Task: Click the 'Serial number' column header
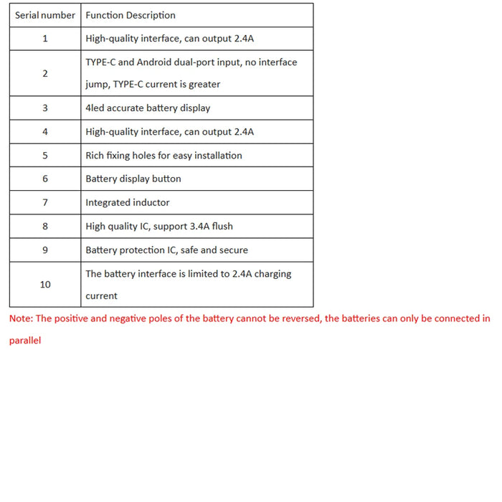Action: (45, 15)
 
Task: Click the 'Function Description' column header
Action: (130, 15)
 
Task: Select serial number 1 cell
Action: (45, 39)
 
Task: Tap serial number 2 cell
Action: (45, 73)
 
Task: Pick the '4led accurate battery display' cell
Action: (148, 108)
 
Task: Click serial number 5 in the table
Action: (45, 156)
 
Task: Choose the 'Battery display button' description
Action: (133, 179)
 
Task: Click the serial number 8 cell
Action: (45, 226)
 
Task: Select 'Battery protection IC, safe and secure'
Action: (166, 250)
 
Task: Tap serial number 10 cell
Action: (45, 285)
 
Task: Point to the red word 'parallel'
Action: (25, 341)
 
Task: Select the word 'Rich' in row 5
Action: (95, 156)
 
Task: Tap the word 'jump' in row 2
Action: (97, 85)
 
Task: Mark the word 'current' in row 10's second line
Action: (101, 296)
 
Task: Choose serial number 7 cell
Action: (45, 202)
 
